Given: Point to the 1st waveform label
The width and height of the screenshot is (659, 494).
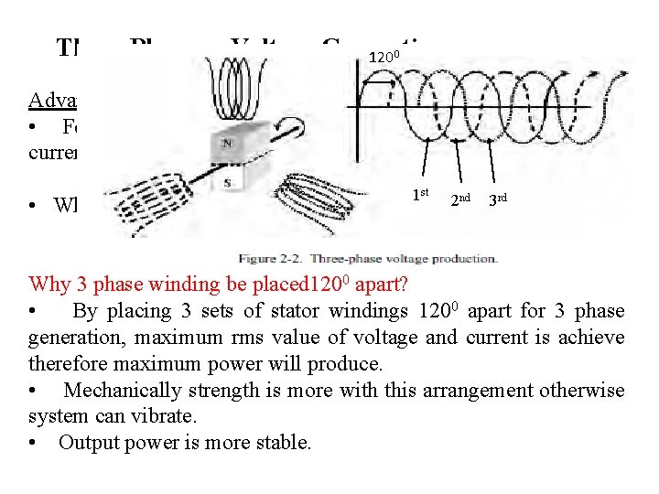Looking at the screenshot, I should (x=421, y=194).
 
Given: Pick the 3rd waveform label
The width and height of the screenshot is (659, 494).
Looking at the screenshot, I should (x=498, y=199).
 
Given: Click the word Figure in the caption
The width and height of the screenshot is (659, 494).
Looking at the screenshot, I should (x=260, y=258).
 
